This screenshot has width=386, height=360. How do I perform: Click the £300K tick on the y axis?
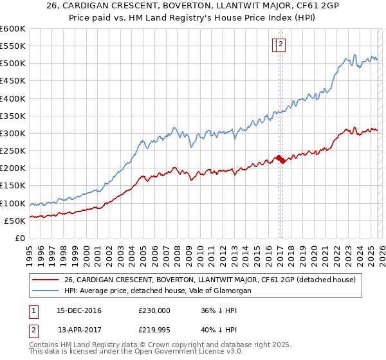point(12,134)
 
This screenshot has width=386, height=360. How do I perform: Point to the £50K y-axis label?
point(15,221)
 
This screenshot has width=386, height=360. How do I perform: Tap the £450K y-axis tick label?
point(12,81)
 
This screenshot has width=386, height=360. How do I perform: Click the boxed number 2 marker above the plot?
point(282,44)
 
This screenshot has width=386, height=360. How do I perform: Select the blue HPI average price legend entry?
point(157,291)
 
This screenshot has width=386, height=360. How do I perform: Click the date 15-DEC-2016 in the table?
point(79,310)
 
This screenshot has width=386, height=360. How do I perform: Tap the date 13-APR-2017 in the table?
point(79,331)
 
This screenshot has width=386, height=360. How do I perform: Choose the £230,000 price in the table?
point(154,310)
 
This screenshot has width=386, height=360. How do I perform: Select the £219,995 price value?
point(154,331)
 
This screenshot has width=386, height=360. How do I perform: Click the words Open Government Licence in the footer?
point(176,353)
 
